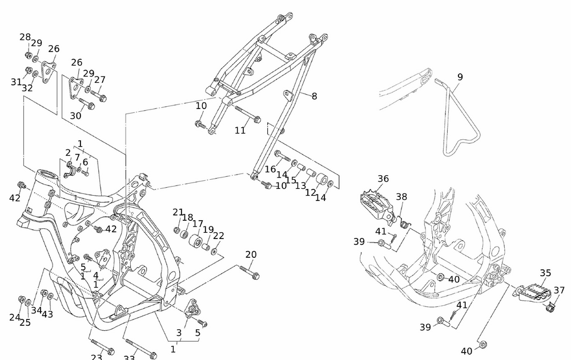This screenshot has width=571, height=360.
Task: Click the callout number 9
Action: point(460,77)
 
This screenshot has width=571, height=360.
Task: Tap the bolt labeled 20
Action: point(249,272)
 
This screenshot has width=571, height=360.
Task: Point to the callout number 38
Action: point(401,197)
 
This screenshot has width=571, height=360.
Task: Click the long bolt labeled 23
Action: point(102,347)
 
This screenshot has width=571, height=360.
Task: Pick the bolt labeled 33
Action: point(140,350)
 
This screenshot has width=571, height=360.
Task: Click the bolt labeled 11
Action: point(246,115)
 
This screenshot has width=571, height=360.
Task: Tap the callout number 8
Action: point(314,96)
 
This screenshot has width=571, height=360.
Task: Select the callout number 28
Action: point(25,37)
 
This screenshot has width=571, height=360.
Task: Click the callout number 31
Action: point(16,82)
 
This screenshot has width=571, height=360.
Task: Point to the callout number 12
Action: point(311,193)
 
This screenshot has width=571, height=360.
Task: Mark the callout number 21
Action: point(178,213)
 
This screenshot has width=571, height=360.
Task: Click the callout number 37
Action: point(559,290)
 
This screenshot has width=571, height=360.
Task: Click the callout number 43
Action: point(47,314)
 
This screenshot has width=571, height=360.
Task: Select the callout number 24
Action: point(15,317)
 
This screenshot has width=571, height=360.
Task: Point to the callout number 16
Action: point(270,169)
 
